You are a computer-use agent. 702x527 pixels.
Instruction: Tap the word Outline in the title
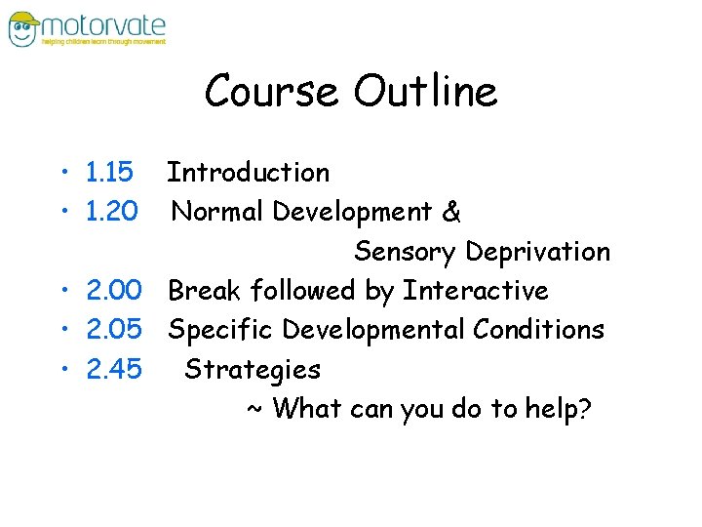tap(425, 92)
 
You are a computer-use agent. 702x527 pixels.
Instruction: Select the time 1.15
tap(109, 174)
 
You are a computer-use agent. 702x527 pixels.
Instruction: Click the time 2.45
tap(114, 370)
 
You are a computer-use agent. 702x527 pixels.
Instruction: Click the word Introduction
tap(248, 174)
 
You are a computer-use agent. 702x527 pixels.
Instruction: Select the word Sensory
tap(405, 253)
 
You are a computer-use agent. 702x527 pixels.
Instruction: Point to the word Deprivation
tap(537, 253)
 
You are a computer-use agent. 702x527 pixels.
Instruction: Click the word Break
tap(205, 291)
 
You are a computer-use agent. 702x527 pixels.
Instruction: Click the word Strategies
tap(253, 370)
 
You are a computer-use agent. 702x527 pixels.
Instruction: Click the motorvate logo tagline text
tap(102, 42)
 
